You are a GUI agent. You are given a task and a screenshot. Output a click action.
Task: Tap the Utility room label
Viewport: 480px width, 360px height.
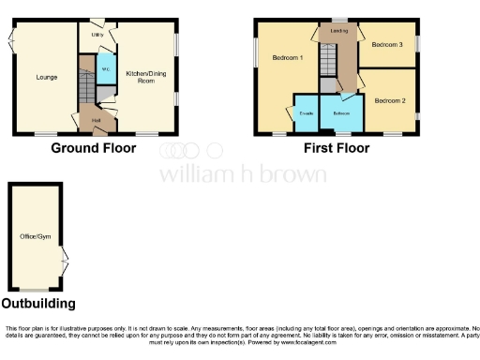(97, 35)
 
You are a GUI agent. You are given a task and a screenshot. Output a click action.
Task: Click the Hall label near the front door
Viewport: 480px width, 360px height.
(97, 121)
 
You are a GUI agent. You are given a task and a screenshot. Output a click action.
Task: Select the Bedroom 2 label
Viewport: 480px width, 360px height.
(389, 99)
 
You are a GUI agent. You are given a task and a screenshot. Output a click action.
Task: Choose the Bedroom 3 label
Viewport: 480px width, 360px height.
(387, 44)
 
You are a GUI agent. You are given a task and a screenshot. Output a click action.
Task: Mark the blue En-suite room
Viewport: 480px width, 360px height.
(306, 113)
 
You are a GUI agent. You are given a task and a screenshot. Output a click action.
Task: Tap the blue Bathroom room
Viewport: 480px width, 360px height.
(340, 113)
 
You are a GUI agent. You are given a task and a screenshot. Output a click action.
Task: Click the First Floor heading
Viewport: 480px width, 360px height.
(335, 148)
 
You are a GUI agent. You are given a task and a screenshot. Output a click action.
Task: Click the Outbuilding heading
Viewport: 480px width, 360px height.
(38, 304)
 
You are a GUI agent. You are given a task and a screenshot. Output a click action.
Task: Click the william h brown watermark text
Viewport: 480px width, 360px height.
(243, 174)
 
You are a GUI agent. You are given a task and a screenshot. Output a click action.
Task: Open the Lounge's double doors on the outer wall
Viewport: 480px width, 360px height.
(10, 41)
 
